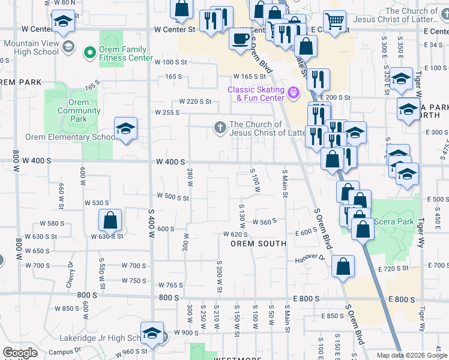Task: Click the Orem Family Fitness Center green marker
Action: click(x=91, y=53)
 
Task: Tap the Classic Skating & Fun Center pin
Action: click(x=293, y=92)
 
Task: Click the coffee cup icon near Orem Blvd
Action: click(x=241, y=40)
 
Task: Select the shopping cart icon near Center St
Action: click(x=335, y=22)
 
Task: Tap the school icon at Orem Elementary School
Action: click(x=125, y=129)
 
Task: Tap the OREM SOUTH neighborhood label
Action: click(x=259, y=244)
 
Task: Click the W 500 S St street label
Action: click(x=172, y=196)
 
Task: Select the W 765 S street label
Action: click(x=170, y=285)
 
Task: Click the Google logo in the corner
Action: click(x=20, y=353)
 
